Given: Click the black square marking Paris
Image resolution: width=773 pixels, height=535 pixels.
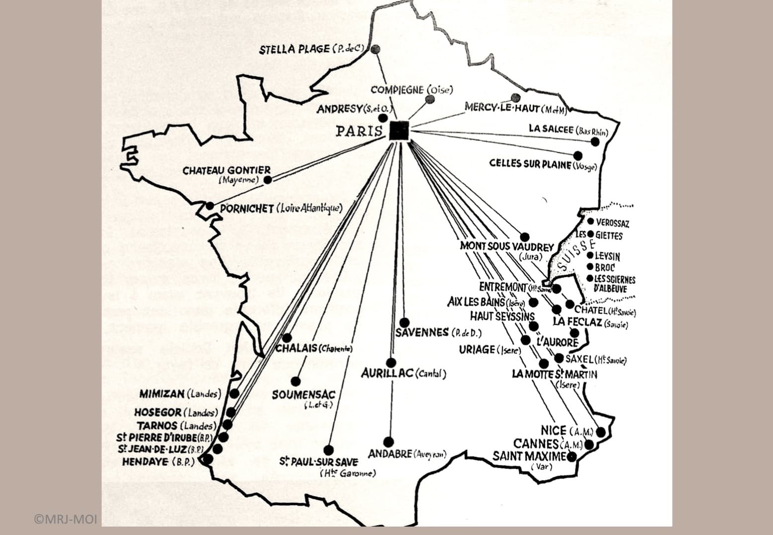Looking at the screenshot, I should pyautogui.click(x=399, y=131).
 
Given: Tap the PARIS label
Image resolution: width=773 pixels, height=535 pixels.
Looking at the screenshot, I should pyautogui.click(x=359, y=132).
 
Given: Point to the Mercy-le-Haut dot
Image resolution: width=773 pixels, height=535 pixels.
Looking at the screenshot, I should pyautogui.click(x=515, y=98).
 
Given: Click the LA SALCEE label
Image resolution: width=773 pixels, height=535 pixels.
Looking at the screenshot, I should pyautogui.click(x=551, y=129).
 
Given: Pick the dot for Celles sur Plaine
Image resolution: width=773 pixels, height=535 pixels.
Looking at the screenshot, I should pyautogui.click(x=577, y=155).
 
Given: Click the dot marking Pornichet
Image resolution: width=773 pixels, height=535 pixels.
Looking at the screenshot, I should pyautogui.click(x=211, y=206).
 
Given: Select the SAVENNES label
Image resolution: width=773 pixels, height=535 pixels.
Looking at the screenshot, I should pyautogui.click(x=422, y=333).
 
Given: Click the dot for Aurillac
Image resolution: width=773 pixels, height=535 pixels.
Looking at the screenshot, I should pyautogui.click(x=391, y=363).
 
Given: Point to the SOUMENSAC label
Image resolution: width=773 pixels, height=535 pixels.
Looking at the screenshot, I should pyautogui.click(x=303, y=395).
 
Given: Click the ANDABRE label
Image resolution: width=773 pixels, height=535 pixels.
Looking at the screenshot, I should pyautogui.click(x=390, y=454).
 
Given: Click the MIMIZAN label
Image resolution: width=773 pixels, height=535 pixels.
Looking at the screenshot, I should pyautogui.click(x=162, y=394).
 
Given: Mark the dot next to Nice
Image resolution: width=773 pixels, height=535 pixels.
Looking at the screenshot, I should pyautogui.click(x=601, y=432).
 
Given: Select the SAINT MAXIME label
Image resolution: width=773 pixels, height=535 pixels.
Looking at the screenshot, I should pyautogui.click(x=529, y=456).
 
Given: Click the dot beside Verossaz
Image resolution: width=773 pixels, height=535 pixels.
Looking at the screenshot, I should pyautogui.click(x=591, y=222).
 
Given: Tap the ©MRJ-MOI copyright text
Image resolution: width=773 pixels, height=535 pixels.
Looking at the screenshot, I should pyautogui.click(x=66, y=520).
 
